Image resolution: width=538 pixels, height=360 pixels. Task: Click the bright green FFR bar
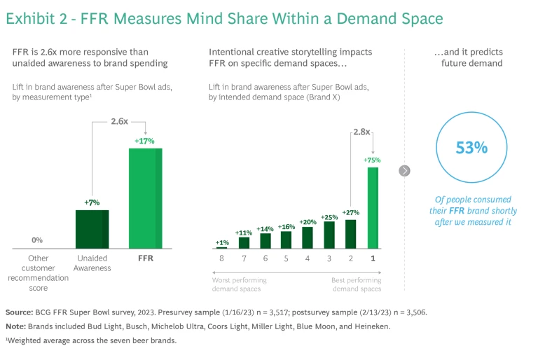tap(145, 198)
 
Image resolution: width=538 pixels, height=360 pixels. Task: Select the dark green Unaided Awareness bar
tap(92, 229)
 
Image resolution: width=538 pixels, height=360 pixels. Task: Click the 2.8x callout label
tap(361, 131)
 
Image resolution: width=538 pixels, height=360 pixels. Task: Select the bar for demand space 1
tap(372, 207)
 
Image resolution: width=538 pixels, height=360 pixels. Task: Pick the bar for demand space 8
tap(222, 247)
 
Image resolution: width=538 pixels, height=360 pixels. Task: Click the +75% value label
tap(372, 160)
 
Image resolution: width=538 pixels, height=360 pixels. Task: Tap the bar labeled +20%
tap(308, 237)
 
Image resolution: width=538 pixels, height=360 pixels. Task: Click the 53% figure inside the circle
tap(471, 148)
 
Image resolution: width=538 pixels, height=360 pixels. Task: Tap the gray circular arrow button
tap(404, 170)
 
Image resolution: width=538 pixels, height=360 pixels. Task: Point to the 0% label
tap(37, 240)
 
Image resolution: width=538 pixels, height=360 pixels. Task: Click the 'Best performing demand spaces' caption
tap(357, 284)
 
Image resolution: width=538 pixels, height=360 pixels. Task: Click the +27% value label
tap(351, 212)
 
